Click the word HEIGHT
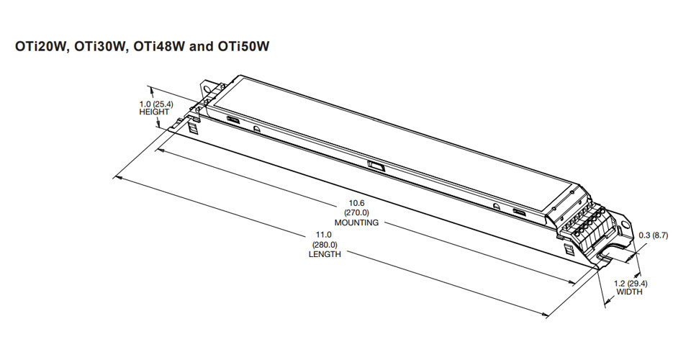point(153,112)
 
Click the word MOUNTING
point(356,222)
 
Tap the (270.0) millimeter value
point(357,213)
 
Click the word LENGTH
point(325,254)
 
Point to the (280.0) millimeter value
point(325,245)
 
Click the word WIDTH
point(629,292)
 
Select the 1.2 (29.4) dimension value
point(629,284)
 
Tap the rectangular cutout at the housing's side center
point(375,167)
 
